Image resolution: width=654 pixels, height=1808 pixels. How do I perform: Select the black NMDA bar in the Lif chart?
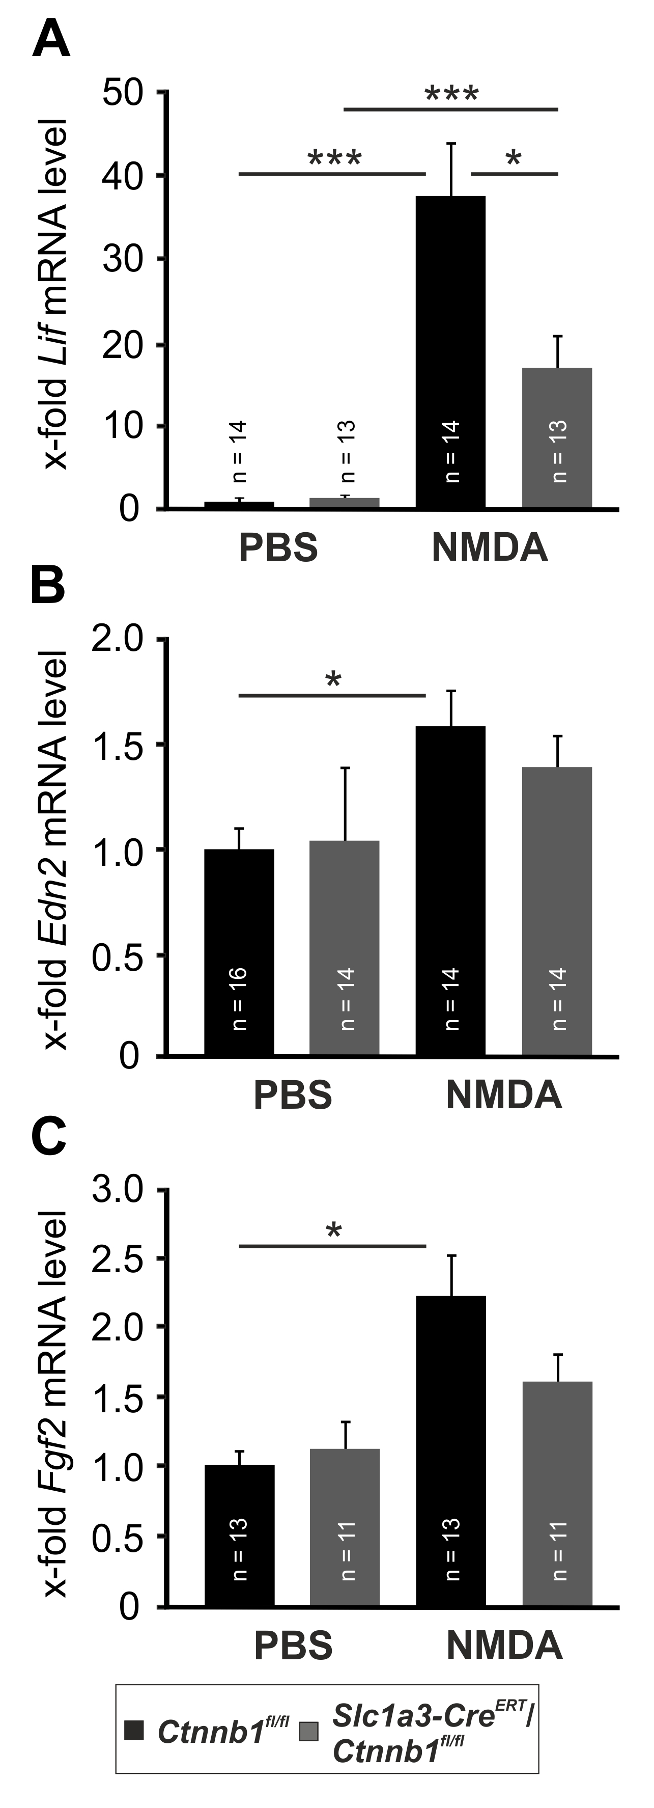[x=450, y=351]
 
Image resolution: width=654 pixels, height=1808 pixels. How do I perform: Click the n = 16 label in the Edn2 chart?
[x=239, y=998]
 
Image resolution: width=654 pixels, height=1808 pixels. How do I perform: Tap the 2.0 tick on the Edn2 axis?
[x=117, y=639]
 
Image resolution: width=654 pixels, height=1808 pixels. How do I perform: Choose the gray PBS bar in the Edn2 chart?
[x=345, y=947]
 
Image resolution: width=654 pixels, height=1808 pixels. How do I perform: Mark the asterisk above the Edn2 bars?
[x=333, y=680]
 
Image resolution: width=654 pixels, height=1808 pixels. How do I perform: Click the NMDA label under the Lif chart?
[x=490, y=547]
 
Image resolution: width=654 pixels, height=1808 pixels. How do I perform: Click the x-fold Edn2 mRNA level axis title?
[x=55, y=850]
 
